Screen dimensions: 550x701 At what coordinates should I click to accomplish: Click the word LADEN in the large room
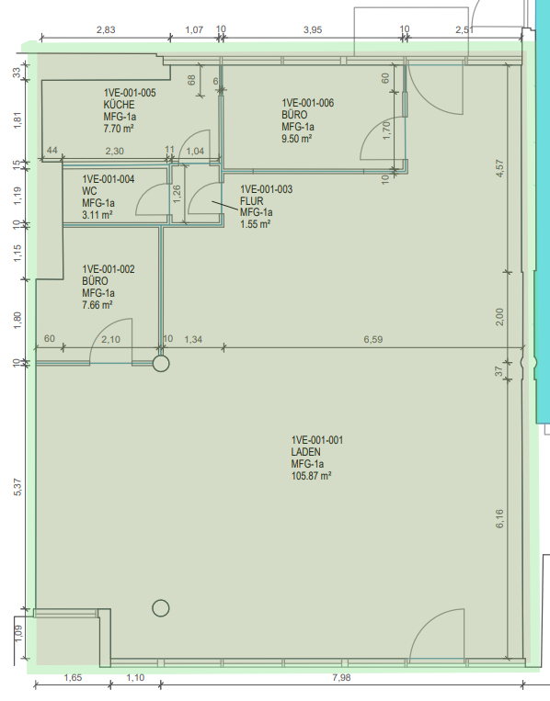click(x=305, y=452)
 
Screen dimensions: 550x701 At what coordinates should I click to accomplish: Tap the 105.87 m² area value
click(x=311, y=476)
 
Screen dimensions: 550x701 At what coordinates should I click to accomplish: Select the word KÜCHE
click(x=119, y=105)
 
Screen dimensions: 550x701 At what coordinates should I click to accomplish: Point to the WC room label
click(x=89, y=191)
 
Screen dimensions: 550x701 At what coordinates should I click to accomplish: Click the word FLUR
click(x=251, y=201)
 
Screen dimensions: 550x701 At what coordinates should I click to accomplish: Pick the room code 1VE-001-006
click(x=307, y=103)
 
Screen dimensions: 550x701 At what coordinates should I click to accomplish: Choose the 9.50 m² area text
click(x=296, y=139)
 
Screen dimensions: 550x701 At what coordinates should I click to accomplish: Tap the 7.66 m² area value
click(x=97, y=305)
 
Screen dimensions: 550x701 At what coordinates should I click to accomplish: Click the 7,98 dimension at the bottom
click(x=341, y=677)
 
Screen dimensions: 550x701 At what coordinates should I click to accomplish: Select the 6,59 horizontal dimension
click(x=372, y=339)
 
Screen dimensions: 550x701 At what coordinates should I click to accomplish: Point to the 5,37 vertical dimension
click(x=17, y=487)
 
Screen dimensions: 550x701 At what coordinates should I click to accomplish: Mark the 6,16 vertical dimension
click(x=499, y=518)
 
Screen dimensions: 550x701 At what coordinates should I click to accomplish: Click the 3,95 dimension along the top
click(x=313, y=29)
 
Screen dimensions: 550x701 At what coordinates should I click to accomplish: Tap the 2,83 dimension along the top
click(x=106, y=29)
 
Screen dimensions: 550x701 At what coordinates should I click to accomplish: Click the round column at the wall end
click(x=161, y=364)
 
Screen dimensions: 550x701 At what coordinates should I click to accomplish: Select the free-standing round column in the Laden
click(x=161, y=608)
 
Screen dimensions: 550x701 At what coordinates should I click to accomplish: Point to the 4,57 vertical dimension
click(x=499, y=168)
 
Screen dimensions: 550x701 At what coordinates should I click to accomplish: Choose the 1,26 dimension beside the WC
click(x=177, y=194)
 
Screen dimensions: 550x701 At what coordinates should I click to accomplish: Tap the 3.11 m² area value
click(x=97, y=215)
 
